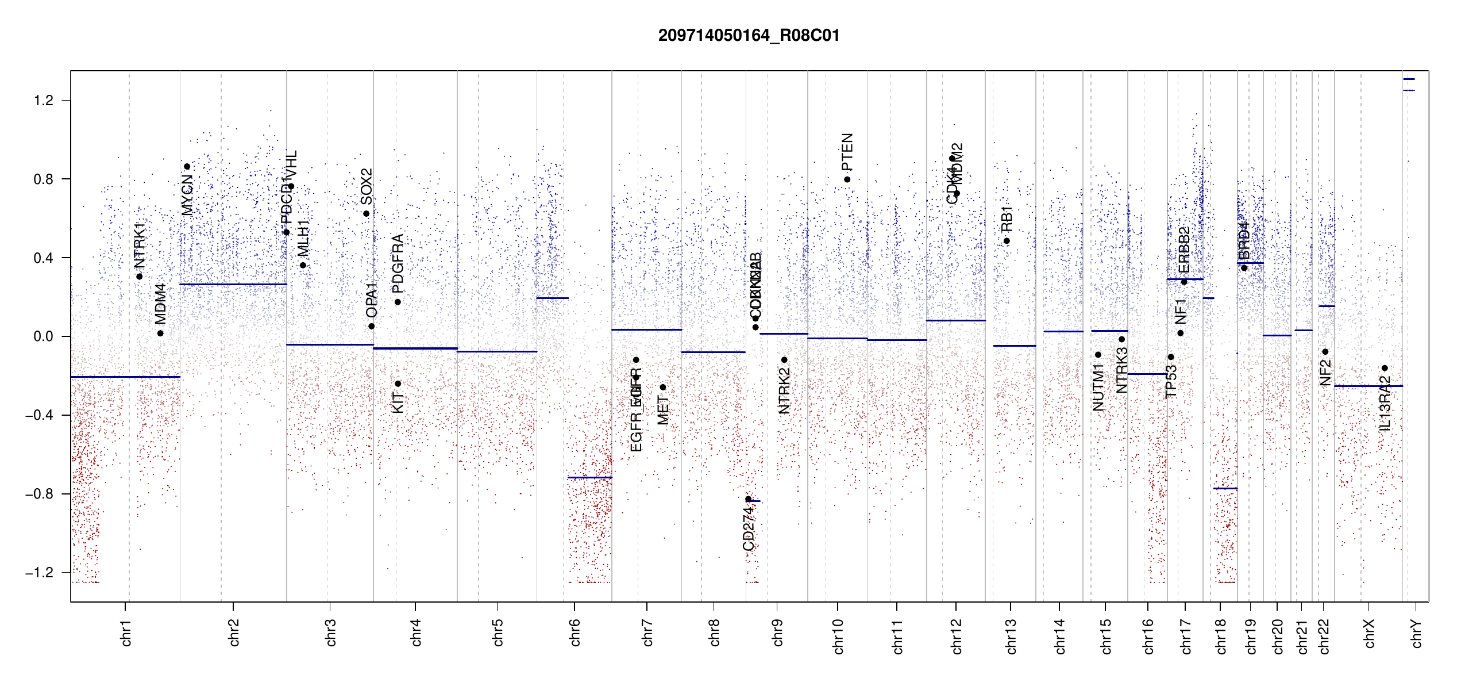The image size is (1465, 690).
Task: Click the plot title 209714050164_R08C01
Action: pos(749,36)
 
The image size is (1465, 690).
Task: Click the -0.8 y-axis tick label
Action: pos(39,494)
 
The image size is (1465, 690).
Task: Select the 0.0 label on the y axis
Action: pos(44,336)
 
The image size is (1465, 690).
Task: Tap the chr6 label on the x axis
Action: pos(575,632)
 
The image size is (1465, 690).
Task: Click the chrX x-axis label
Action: pos(1369,633)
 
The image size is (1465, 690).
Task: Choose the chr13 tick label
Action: pos(1011,636)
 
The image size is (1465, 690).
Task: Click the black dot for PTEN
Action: pos(847,179)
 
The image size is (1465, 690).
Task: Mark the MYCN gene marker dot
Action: pos(187,167)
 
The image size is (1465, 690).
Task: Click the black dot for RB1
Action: pos(1007,241)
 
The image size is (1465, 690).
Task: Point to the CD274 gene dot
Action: pos(748,499)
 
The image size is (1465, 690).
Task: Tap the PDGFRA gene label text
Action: pos(398,263)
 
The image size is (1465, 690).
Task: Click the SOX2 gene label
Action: pos(367,186)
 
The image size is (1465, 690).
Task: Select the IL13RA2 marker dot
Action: pos(1385,368)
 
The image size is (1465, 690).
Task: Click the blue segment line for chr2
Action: pos(233,284)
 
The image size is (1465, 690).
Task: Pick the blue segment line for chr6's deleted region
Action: pos(589,477)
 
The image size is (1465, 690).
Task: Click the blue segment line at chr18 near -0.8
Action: pos(1225,488)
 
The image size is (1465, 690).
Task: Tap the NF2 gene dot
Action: pos(1325,352)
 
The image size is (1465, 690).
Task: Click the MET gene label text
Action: pos(663,410)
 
